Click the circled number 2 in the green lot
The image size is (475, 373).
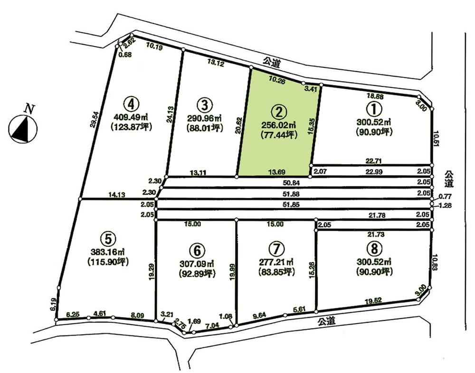coord(279,112)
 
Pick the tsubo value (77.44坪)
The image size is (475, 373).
coord(279,135)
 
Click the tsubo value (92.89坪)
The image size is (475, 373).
coord(197,273)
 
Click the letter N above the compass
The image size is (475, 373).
coord(29,109)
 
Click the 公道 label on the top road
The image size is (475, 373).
coord(271,61)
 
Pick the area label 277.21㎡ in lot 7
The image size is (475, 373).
coord(275,261)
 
